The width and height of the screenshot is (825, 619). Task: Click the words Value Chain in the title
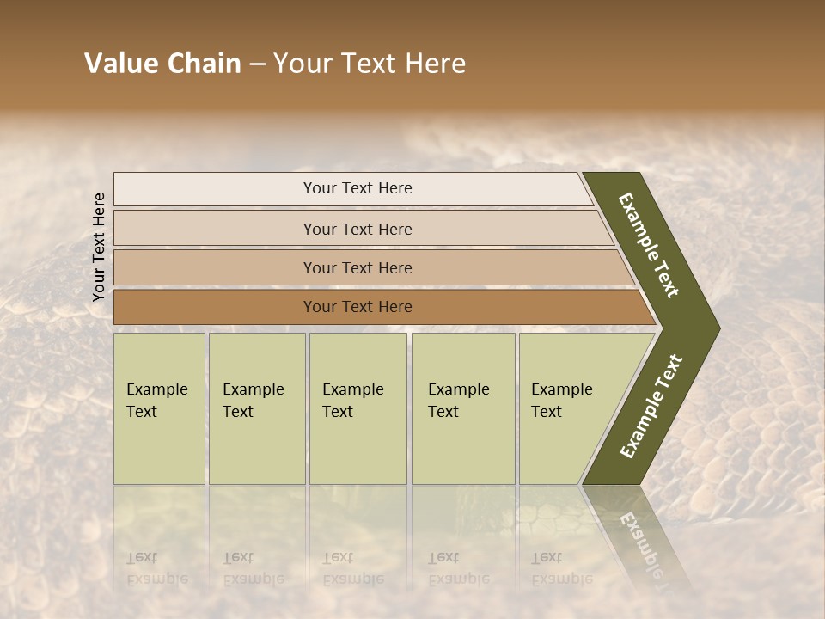(x=162, y=64)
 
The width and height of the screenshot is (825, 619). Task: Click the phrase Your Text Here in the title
(x=370, y=64)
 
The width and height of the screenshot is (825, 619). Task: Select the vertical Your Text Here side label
(x=99, y=247)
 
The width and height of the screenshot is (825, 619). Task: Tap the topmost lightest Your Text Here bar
(x=357, y=188)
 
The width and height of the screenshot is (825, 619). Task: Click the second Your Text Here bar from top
(x=357, y=229)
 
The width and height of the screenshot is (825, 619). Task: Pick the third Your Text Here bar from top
(x=357, y=267)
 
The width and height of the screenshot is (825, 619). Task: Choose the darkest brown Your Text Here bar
(x=357, y=307)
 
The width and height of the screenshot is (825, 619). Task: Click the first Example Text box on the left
(x=159, y=408)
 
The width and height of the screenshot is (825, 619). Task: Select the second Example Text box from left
(x=256, y=408)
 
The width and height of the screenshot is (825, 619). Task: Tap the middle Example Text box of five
(x=357, y=408)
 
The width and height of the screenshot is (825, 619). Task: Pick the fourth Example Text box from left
(x=462, y=408)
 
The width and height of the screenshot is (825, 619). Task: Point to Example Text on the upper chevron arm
(x=650, y=245)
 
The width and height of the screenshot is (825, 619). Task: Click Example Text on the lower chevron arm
(x=651, y=406)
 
